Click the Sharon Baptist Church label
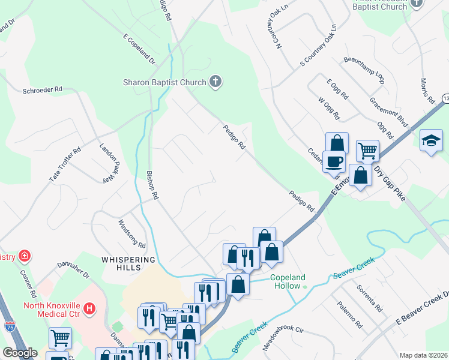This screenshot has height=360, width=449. pos(164,82)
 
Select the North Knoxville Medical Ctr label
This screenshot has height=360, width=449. pos(51,304)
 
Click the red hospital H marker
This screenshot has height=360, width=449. pos(89,309)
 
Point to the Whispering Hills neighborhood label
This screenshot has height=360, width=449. pos(128,260)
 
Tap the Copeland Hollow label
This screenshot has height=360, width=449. pos(288,282)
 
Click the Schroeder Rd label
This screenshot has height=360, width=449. pos(42,89)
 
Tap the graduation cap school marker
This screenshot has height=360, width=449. pos(431,141)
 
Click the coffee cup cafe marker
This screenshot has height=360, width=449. pos(334,160)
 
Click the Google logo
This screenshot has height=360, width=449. pos(20,353)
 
